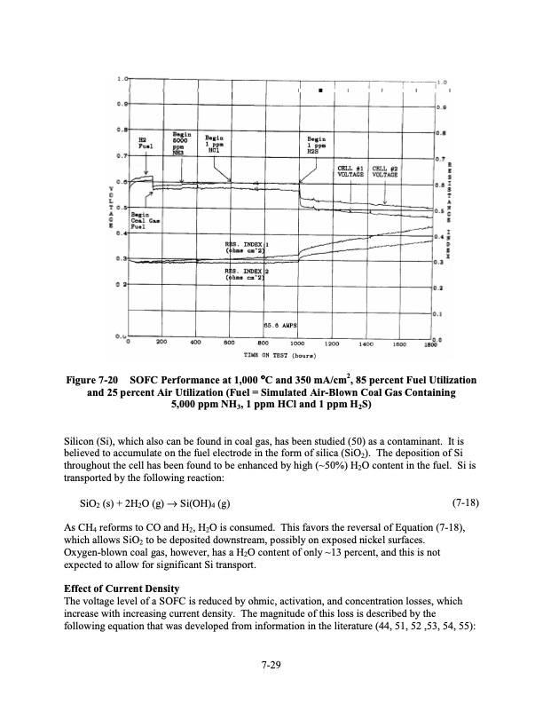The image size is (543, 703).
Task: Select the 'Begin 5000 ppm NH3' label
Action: point(181,141)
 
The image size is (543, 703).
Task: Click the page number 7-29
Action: point(271,662)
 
